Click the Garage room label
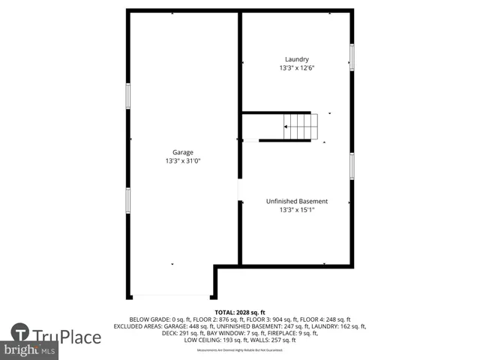pyautogui.click(x=184, y=152)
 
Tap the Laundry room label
pyautogui.click(x=296, y=60)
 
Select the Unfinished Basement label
pyautogui.click(x=297, y=201)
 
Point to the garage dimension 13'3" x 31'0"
pyautogui.click(x=184, y=161)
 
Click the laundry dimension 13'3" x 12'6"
pyautogui.click(x=296, y=68)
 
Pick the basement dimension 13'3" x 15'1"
pyautogui.click(x=297, y=210)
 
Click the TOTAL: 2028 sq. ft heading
pyautogui.click(x=240, y=312)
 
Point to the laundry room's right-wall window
pyautogui.click(x=352, y=58)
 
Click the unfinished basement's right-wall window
pyautogui.click(x=352, y=166)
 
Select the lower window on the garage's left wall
pyautogui.click(x=128, y=200)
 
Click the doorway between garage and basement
pyautogui.click(x=240, y=190)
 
